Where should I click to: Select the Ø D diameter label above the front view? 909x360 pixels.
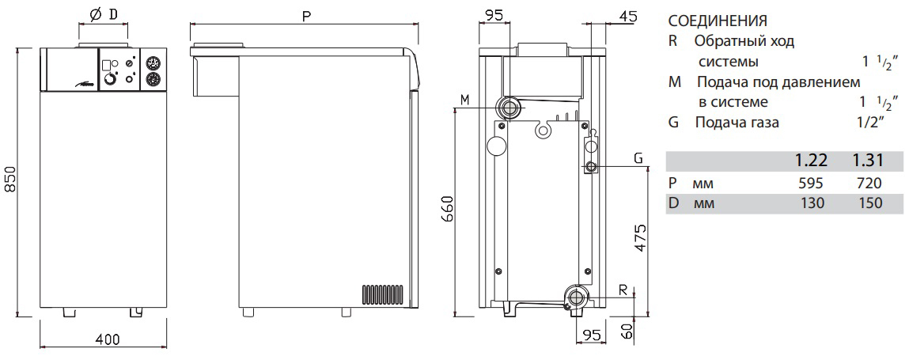(102, 14)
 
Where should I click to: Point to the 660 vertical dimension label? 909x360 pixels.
(447, 207)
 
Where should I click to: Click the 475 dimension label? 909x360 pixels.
(642, 237)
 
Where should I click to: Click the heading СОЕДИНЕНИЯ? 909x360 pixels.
(718, 21)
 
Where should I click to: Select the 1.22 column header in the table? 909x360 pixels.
(810, 161)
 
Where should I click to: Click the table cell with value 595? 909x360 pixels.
(812, 184)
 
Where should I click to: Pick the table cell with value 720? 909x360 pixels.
(868, 184)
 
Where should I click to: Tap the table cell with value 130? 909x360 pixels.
(812, 203)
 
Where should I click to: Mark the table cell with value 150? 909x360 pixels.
(868, 203)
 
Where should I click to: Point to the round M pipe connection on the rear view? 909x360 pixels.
(509, 108)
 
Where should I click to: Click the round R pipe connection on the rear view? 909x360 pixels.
(575, 297)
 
